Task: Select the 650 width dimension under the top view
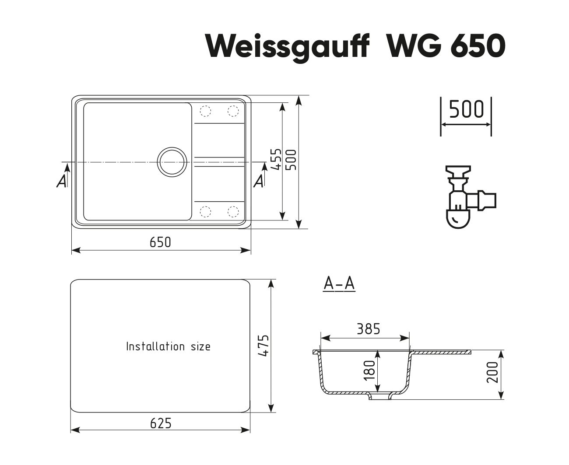click(x=160, y=242)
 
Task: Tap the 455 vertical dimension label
click(x=276, y=159)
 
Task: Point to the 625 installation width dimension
click(x=161, y=423)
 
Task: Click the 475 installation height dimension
click(x=263, y=346)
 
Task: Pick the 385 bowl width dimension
click(x=368, y=329)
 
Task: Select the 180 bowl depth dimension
click(x=369, y=371)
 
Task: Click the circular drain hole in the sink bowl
click(x=172, y=162)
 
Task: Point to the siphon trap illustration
click(x=470, y=197)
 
